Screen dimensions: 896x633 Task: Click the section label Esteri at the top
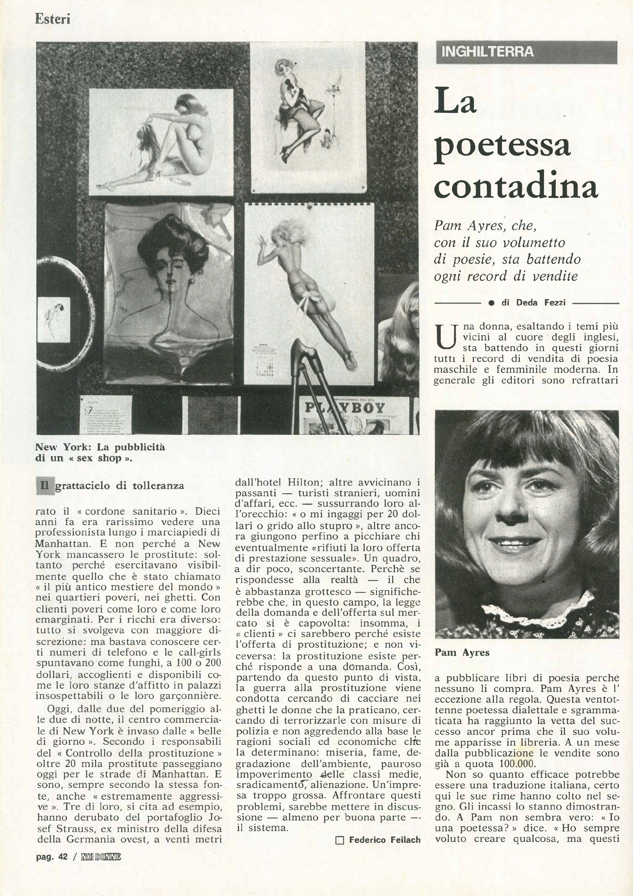click(52, 19)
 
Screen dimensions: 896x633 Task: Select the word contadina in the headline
click(515, 188)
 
